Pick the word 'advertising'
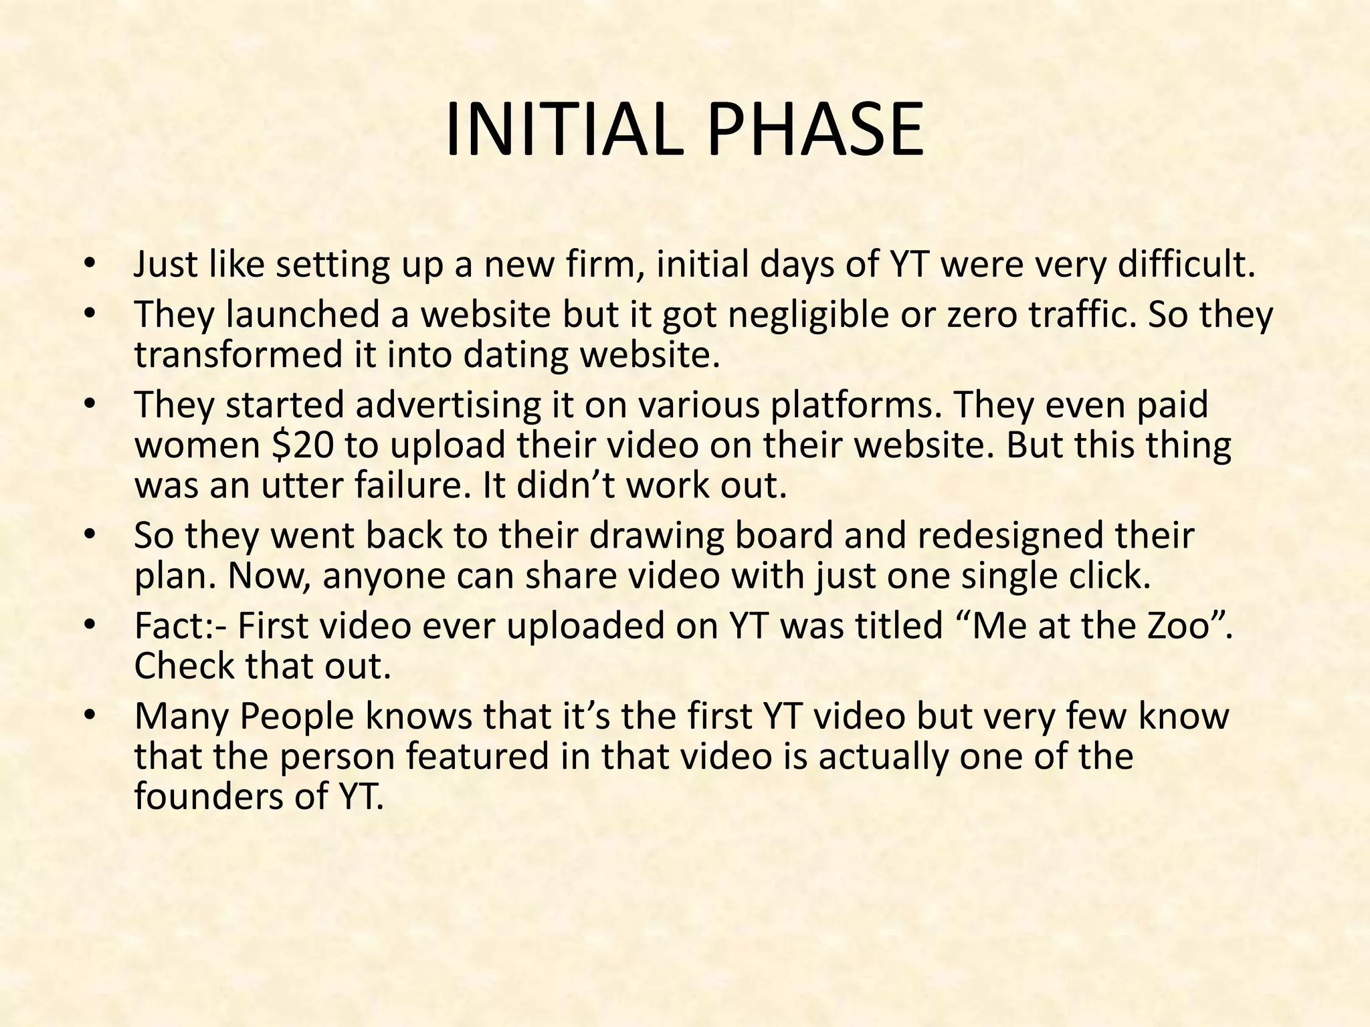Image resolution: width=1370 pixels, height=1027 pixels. [447, 405]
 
